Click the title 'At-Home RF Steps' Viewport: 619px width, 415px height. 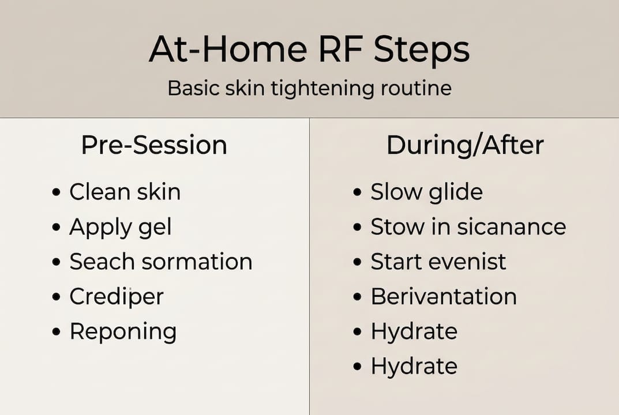point(309,50)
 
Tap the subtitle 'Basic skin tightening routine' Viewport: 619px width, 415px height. point(309,88)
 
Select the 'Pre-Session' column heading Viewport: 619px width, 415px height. point(154,145)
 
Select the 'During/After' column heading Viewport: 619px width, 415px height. point(465,145)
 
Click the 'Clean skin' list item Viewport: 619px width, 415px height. point(125,192)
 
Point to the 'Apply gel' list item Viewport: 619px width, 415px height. point(120,227)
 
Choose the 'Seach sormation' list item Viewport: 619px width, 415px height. point(161,262)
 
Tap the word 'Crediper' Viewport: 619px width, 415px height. point(117,297)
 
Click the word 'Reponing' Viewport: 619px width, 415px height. point(123,332)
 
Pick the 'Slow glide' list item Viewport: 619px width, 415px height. point(426,192)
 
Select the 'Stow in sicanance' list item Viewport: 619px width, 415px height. point(468,227)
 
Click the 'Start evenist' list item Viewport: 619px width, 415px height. point(438,262)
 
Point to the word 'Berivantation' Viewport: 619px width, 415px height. point(443,297)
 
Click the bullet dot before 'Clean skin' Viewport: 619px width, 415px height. point(56,193)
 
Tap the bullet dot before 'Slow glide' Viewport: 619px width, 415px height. point(357,193)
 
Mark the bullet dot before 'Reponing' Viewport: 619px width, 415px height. point(56,333)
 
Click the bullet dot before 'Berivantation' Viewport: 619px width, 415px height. point(357,297)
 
